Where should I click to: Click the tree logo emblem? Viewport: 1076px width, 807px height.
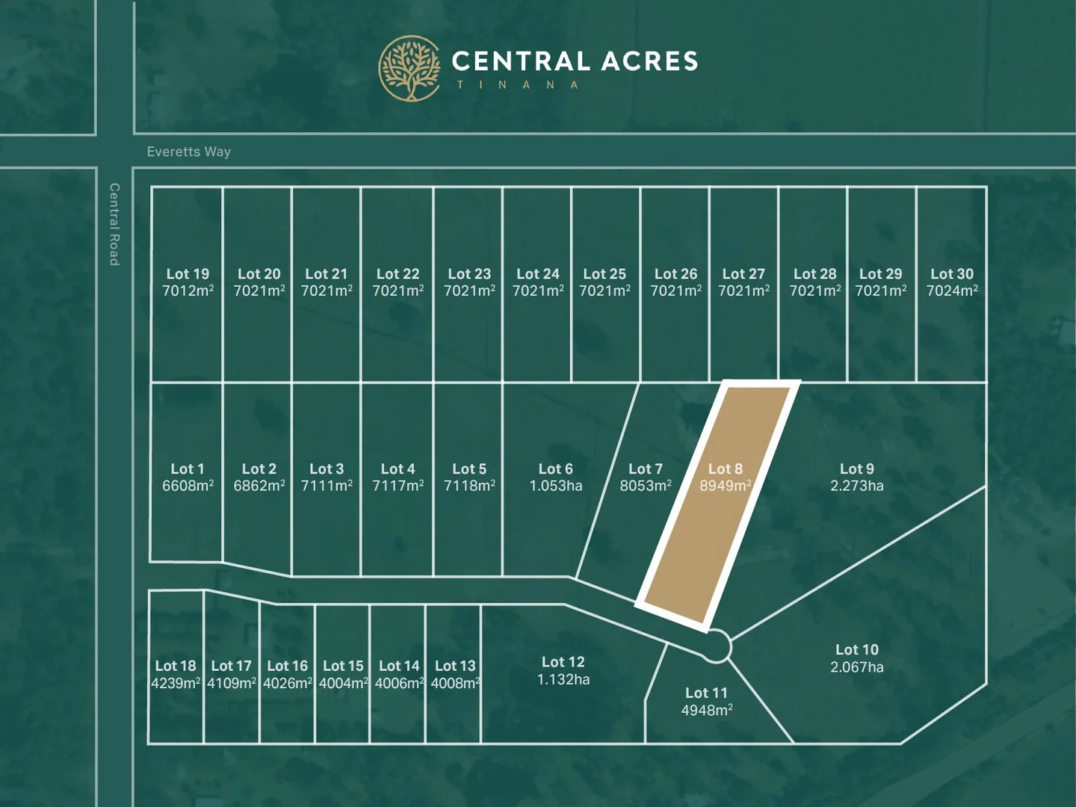[409, 68]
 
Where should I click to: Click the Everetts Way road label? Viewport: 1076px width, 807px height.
[189, 152]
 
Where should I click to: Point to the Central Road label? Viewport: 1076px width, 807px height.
[114, 224]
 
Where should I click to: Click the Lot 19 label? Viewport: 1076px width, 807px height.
[188, 274]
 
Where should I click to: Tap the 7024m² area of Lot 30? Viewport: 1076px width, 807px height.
[952, 291]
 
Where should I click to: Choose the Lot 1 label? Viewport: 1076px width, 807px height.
[188, 469]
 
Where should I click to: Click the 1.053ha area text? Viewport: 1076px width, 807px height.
[556, 486]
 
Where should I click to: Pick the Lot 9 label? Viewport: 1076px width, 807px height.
[857, 469]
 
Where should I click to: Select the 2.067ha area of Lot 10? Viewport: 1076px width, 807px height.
[857, 667]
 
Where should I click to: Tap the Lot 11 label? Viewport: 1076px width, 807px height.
[706, 693]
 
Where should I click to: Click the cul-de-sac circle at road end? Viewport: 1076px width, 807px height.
[716, 646]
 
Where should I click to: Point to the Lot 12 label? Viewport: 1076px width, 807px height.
[563, 662]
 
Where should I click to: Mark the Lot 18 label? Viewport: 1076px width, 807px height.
[176, 666]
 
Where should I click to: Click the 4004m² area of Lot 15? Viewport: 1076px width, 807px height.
[344, 684]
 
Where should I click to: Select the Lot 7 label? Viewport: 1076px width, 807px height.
[646, 469]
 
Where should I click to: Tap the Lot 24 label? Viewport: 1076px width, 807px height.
[538, 274]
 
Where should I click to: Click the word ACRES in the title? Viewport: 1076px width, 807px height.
[649, 61]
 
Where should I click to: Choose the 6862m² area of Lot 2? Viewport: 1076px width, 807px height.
[259, 486]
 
